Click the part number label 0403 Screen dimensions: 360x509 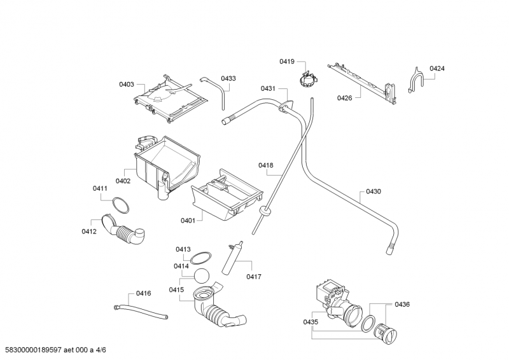click(x=127, y=84)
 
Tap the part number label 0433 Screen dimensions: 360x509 click(x=228, y=78)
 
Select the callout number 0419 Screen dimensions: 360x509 click(x=286, y=61)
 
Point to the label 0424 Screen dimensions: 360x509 click(x=436, y=68)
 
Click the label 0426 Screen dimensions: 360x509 click(x=345, y=97)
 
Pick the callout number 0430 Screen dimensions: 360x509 click(x=373, y=191)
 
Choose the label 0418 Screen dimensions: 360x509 click(x=265, y=165)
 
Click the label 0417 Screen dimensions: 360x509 click(x=254, y=277)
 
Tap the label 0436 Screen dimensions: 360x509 click(x=401, y=304)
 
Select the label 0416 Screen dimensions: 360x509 click(x=143, y=293)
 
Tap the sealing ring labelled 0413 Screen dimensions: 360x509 click(x=202, y=257)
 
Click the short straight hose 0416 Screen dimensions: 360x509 click(x=141, y=312)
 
